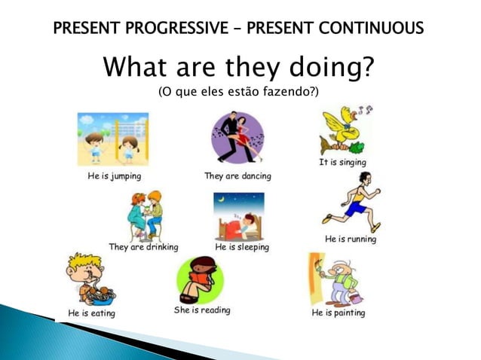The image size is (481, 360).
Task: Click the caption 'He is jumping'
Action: click(112, 176)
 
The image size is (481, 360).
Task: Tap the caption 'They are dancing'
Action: click(237, 176)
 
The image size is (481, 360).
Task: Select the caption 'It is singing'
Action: click(342, 162)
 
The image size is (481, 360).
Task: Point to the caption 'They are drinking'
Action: click(143, 246)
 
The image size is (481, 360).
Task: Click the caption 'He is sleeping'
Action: click(242, 246)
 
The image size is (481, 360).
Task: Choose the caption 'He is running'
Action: click(351, 239)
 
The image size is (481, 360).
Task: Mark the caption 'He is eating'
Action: click(91, 313)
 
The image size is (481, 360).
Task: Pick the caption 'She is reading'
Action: click(202, 310)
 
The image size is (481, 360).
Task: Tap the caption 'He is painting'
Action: click(339, 313)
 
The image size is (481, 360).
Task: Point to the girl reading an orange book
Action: click(201, 278)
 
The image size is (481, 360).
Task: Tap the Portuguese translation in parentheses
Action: click(237, 93)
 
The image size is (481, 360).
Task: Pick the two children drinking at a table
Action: click(145, 215)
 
